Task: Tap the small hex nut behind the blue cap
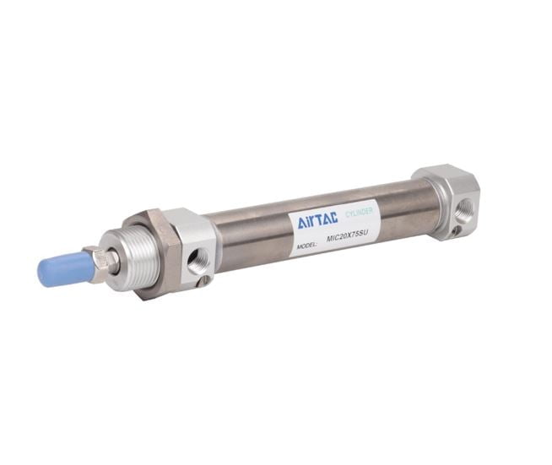click(x=102, y=261)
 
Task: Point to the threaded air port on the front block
click(x=197, y=259)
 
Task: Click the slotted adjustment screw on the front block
click(x=203, y=280)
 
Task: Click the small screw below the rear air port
click(x=457, y=230)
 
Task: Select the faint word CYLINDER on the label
click(x=359, y=213)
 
